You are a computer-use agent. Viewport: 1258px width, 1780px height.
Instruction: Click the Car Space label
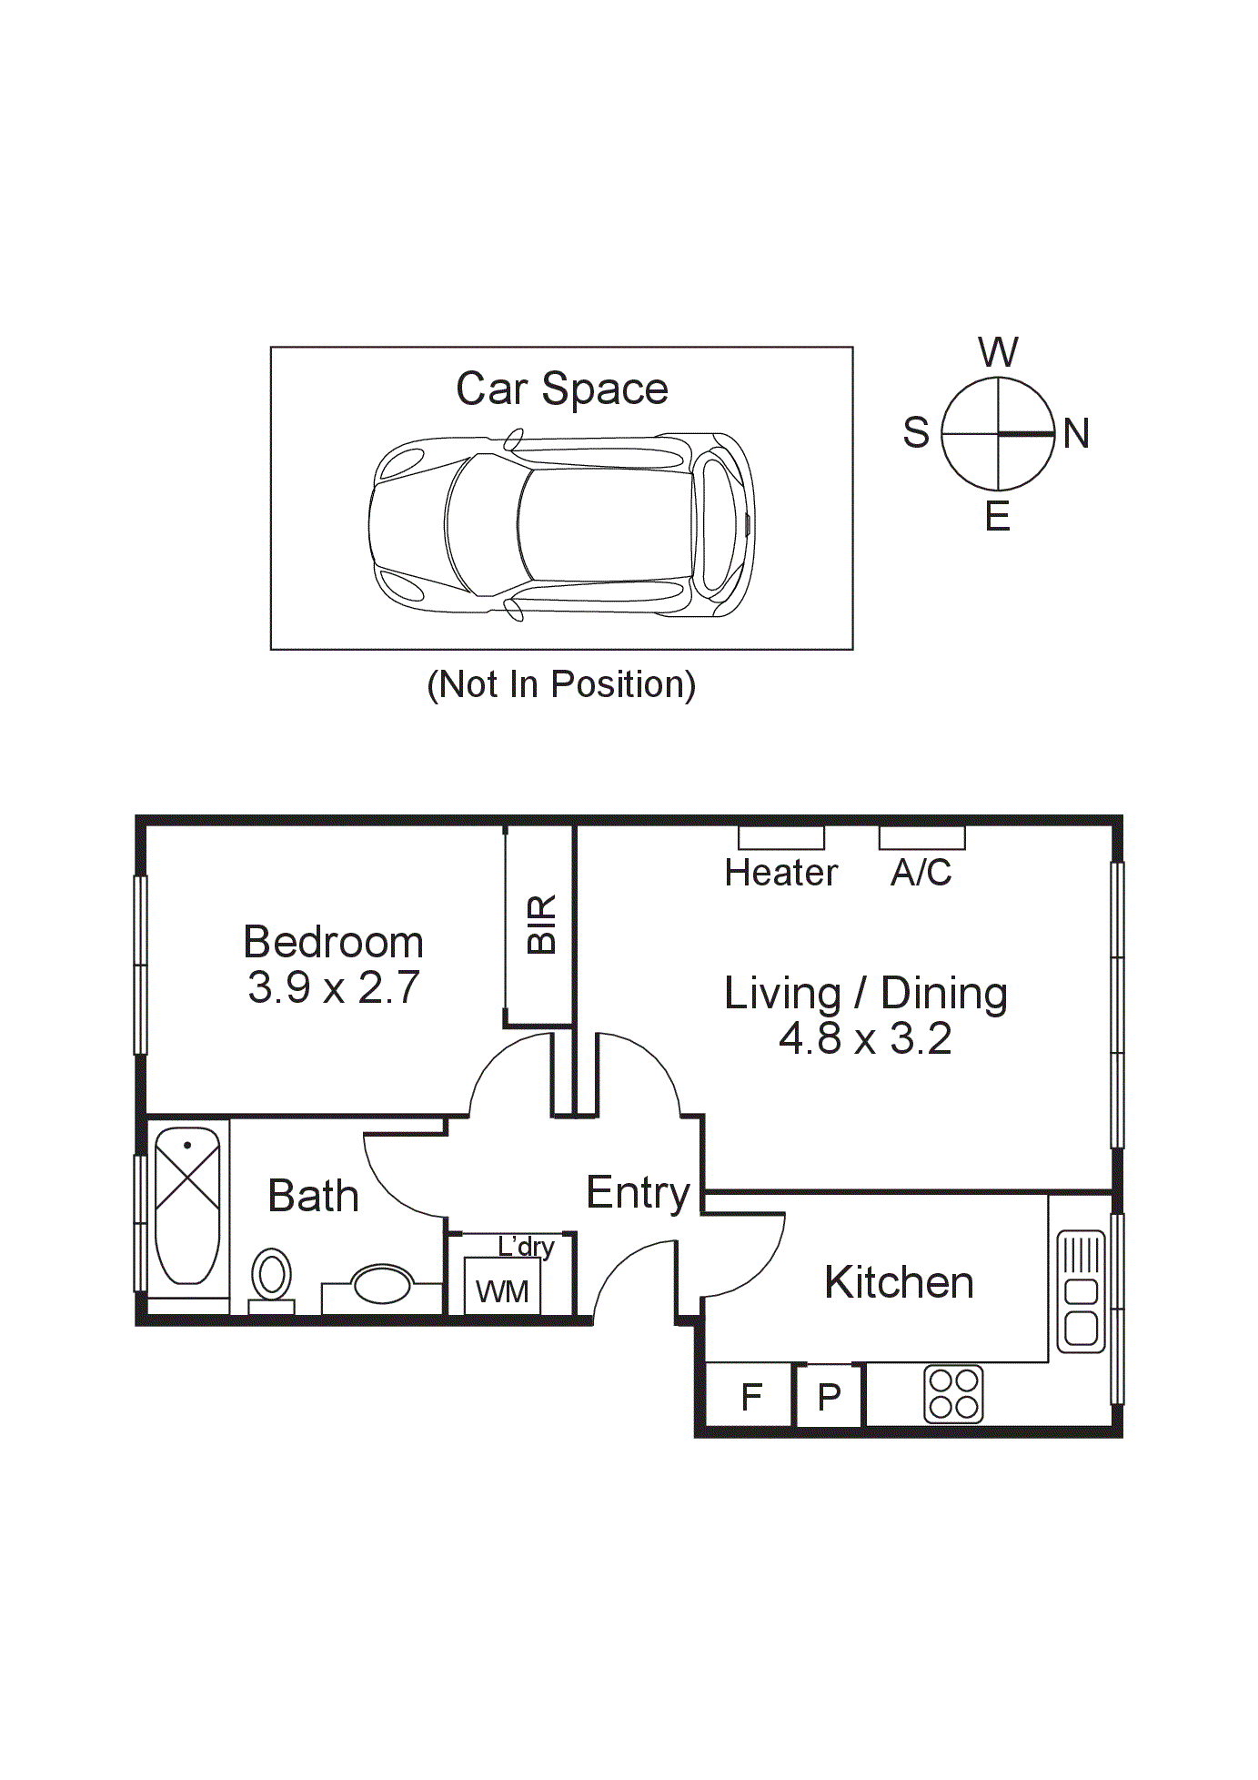(x=561, y=389)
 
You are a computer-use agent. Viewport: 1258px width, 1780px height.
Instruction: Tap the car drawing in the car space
(x=561, y=526)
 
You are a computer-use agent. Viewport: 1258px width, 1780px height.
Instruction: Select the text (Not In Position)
(x=561, y=684)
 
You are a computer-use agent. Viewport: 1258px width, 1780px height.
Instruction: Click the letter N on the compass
(x=1076, y=434)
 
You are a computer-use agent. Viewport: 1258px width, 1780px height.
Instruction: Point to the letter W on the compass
(x=998, y=352)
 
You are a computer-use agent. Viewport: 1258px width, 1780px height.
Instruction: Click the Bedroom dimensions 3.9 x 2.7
(x=333, y=988)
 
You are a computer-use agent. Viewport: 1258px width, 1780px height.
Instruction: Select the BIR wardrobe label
(x=541, y=925)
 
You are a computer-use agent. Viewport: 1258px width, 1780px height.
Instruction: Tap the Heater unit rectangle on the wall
(x=780, y=837)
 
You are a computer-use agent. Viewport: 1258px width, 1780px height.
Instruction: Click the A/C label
(x=921, y=874)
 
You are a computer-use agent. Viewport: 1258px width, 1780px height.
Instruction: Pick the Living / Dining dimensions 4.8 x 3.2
(x=865, y=1039)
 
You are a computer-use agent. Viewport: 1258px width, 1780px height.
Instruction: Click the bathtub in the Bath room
(x=187, y=1206)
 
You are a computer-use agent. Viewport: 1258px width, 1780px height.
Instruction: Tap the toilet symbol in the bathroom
(x=271, y=1277)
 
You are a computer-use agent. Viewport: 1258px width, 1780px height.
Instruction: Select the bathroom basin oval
(x=382, y=1284)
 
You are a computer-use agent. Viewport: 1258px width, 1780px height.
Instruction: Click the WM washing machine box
(x=502, y=1287)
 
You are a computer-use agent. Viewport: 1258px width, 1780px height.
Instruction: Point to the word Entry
(x=638, y=1193)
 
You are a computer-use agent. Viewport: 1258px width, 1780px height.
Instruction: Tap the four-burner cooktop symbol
(x=953, y=1394)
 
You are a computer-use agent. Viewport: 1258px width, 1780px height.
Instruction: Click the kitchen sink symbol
(x=1082, y=1291)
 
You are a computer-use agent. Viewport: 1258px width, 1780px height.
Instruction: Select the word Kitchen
(x=899, y=1283)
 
